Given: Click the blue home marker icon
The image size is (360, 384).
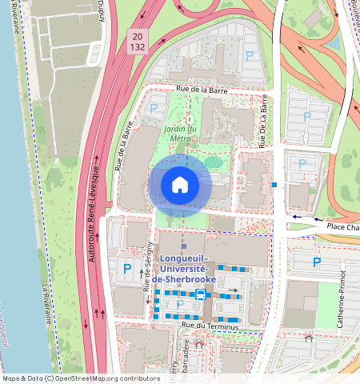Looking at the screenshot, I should pyautogui.click(x=180, y=185).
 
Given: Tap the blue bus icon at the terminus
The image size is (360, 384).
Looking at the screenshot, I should pyautogui.click(x=200, y=294).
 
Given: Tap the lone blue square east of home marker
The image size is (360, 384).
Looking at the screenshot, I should pyautogui.click(x=274, y=185).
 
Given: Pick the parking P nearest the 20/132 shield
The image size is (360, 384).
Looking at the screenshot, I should pyautogui.click(x=250, y=56).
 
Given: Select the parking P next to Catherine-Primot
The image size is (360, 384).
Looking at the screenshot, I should pyautogui.click(x=317, y=262).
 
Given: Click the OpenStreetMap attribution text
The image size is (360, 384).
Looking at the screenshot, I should pyautogui.click(x=81, y=378).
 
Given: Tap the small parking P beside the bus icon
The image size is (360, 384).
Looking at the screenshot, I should pyautogui.click(x=179, y=303).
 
